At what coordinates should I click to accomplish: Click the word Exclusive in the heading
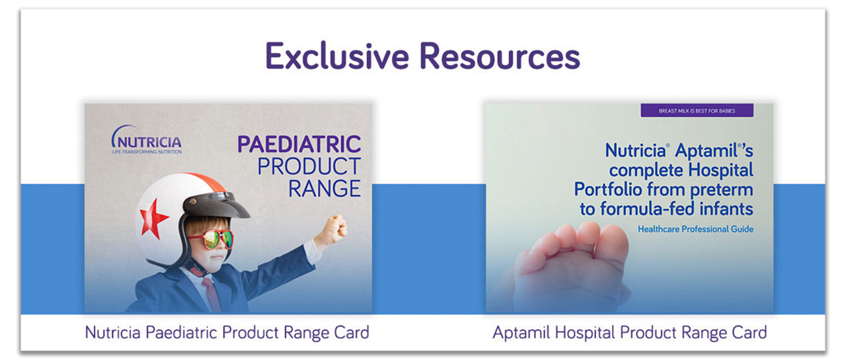tap(337, 56)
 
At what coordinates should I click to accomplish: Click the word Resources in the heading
tap(500, 56)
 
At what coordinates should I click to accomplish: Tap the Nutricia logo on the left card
tap(147, 139)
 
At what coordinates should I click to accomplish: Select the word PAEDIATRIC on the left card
tap(299, 144)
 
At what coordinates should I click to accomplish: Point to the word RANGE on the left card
tap(325, 189)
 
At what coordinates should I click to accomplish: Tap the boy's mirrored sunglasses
tap(211, 239)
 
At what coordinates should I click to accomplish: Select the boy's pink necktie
tap(212, 295)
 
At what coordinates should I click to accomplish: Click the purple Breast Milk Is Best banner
tap(697, 110)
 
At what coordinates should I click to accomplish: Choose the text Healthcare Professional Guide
tap(695, 229)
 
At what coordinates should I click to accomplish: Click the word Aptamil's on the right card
tap(714, 150)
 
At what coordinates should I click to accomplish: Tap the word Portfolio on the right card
tap(607, 189)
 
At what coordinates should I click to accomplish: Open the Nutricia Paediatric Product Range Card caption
tap(227, 332)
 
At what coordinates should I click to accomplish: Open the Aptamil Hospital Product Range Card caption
tap(630, 332)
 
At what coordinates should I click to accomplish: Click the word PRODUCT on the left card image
tap(309, 166)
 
